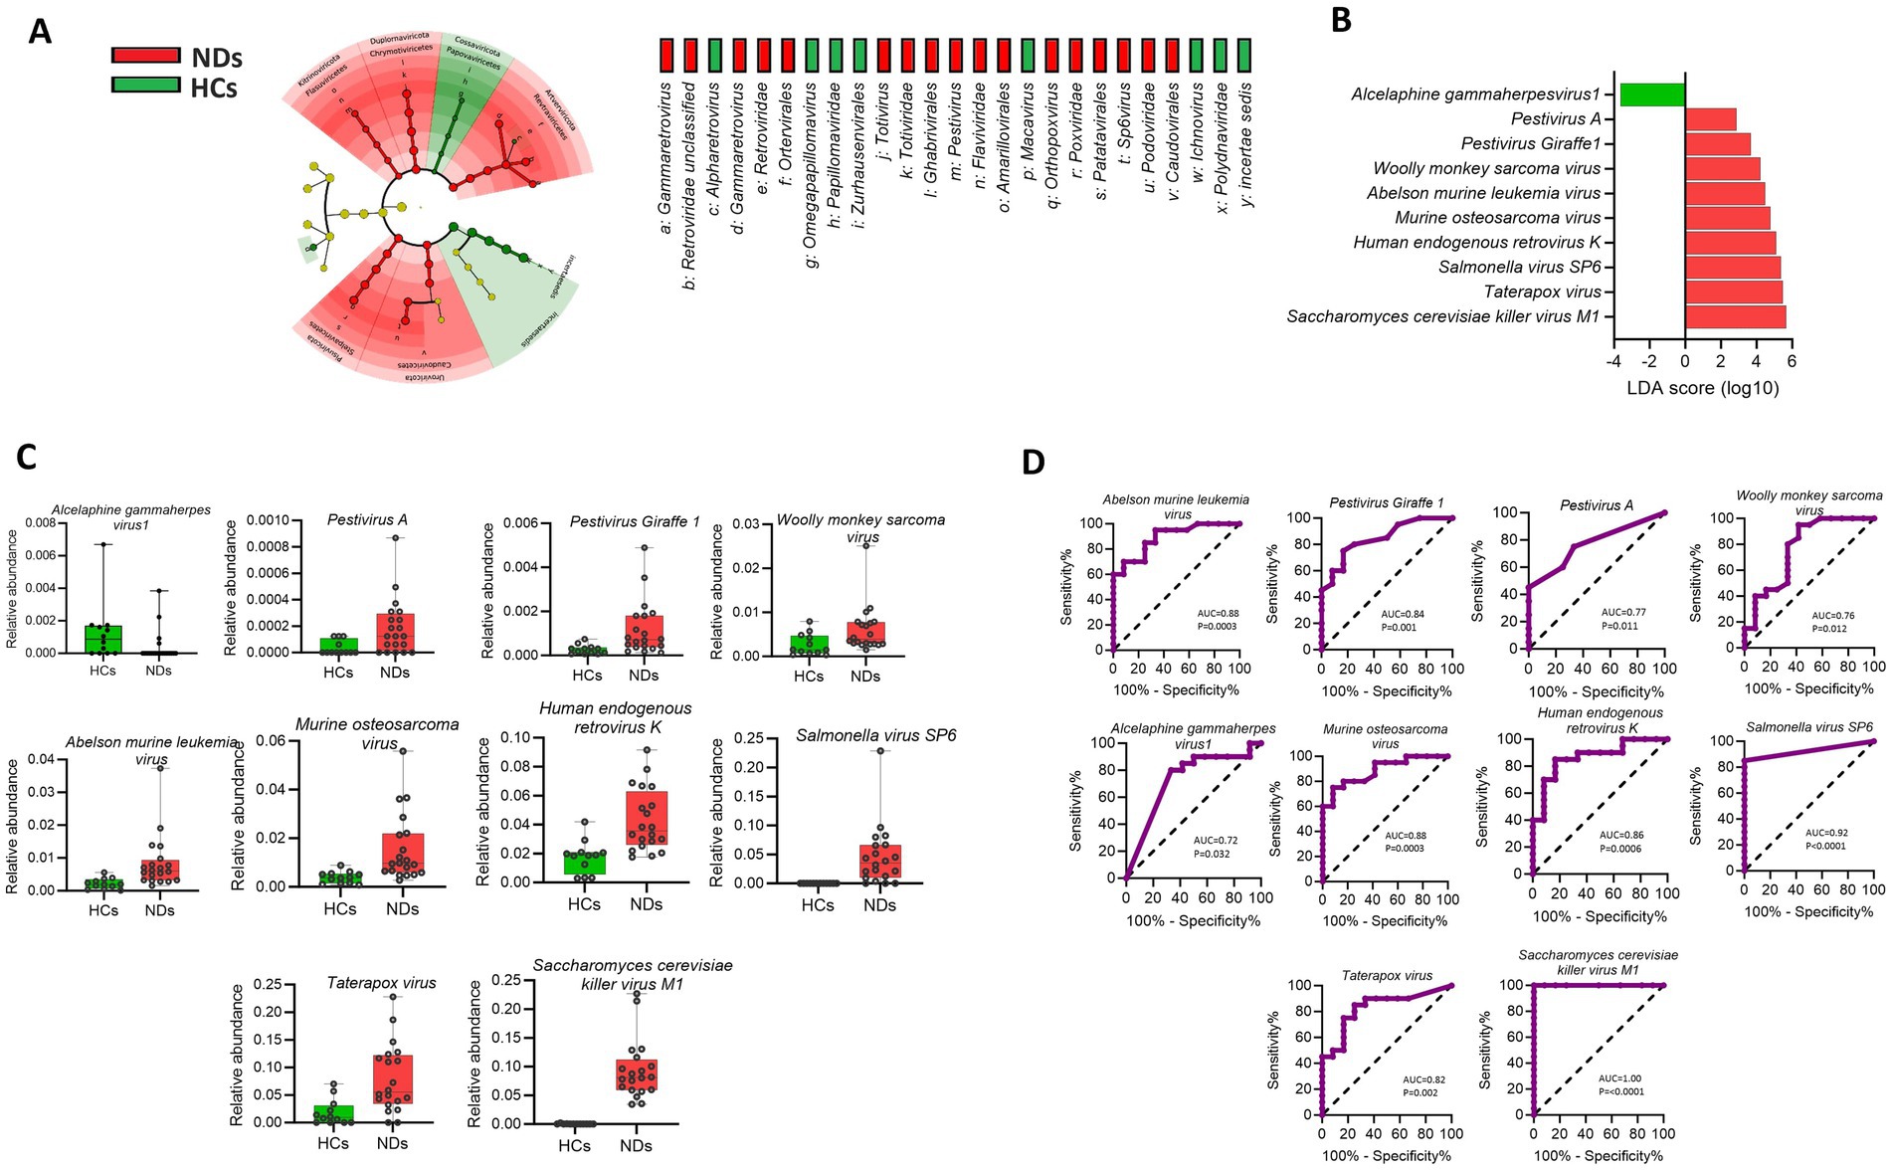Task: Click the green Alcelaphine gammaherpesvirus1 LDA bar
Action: click(1651, 95)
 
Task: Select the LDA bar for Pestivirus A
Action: click(1710, 119)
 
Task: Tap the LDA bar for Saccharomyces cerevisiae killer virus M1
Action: click(1735, 316)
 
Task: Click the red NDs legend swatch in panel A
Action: click(145, 56)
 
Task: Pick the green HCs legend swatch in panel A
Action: click(145, 86)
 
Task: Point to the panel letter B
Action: click(1341, 20)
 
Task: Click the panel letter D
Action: click(1034, 462)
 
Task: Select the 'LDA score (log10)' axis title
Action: click(1702, 388)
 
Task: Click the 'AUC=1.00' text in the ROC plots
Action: click(1619, 1078)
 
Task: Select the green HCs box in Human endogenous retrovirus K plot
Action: click(583, 862)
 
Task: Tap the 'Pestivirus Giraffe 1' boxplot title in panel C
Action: click(635, 521)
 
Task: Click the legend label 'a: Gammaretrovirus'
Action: click(665, 159)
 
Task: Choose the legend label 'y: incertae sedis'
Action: click(1245, 144)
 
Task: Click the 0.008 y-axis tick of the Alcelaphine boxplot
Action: click(40, 522)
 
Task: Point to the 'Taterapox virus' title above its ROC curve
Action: click(1387, 975)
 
